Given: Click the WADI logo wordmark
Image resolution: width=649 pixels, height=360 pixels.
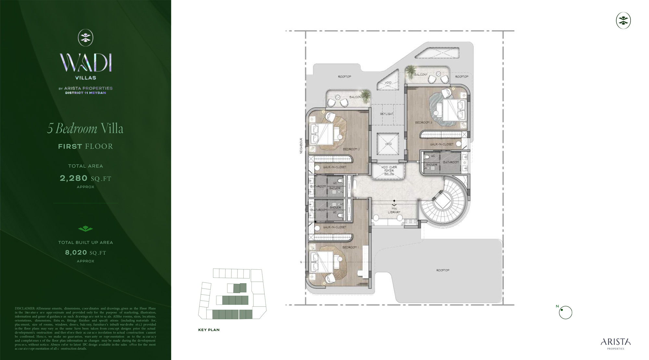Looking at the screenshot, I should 86,63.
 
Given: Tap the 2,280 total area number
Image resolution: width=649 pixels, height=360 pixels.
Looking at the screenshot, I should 74,178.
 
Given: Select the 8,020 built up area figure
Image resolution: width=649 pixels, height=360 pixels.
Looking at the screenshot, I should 76,253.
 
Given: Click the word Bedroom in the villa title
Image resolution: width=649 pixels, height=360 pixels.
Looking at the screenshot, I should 76,129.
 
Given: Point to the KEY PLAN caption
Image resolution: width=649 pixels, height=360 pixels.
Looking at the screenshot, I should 209,330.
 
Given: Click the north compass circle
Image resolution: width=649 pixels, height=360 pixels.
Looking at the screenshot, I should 565,313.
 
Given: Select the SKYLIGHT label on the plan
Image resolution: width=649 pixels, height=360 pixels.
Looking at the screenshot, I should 386,114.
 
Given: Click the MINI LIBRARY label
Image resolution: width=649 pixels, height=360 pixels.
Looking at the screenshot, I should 394,210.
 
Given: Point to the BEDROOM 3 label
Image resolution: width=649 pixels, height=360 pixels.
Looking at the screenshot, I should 423,123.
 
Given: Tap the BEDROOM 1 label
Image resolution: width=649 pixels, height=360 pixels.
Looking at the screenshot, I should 350,247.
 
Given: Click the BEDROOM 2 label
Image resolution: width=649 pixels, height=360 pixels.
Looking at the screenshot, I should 351,149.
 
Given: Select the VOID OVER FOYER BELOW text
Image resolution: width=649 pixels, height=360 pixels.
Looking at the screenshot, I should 389,171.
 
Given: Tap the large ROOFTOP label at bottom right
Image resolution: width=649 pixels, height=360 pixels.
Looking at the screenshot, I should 443,270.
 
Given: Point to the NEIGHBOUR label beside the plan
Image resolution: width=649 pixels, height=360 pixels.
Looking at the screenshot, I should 301,146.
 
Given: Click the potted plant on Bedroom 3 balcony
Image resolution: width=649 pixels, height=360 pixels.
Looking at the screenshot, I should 411,70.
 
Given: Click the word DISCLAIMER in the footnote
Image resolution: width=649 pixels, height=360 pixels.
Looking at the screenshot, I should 25,308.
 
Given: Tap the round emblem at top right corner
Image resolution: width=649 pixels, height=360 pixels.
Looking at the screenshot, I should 623,21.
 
